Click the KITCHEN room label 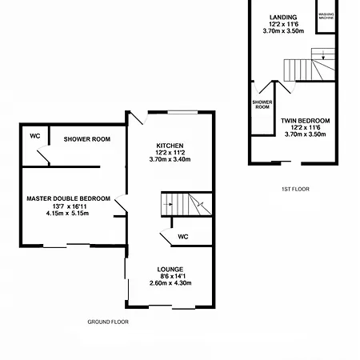pos(170,146)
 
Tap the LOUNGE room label pos(170,270)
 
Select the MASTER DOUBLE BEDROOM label pos(69,198)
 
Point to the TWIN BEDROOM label pos(306,121)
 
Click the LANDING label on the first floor pos(283,18)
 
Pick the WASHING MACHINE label pos(326,16)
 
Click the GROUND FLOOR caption pos(108,322)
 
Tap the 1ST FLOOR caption pos(295,189)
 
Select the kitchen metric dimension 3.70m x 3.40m pos(170,159)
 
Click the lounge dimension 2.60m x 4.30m pos(170,283)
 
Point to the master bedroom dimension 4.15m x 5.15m pos(67,214)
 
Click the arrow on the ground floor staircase pos(168,205)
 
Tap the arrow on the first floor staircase pos(323,54)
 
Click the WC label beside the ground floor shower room pos(35,136)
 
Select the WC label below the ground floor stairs pos(183,237)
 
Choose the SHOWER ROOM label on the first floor pos(262,105)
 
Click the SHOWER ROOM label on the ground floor pos(87,139)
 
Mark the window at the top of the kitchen pos(182,112)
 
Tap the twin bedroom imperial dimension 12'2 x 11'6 pos(306,128)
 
